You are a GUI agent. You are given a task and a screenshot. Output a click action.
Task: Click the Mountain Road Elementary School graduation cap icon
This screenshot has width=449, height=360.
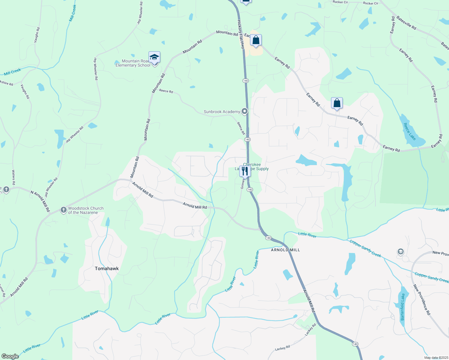pyautogui.click(x=154, y=57)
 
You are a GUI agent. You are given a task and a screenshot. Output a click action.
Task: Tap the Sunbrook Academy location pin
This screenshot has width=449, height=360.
pyautogui.click(x=245, y=112)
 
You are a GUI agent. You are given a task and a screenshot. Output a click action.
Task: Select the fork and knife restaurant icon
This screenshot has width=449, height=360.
pyautogui.click(x=245, y=171)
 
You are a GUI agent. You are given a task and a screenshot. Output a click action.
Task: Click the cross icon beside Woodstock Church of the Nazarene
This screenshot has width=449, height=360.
pyautogui.click(x=63, y=210)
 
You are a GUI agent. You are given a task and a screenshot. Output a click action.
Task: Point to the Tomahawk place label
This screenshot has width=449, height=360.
pyautogui.click(x=107, y=268)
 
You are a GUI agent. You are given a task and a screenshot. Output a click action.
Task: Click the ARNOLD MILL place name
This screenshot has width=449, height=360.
pyautogui.click(x=285, y=250)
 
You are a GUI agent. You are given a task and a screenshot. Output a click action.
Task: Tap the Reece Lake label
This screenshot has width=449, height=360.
pyautogui.click(x=410, y=131)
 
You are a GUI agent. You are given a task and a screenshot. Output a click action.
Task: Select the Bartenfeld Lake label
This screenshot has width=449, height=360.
pyautogui.click(x=403, y=307)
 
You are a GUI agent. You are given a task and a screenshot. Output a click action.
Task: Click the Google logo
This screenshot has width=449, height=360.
pyautogui.click(x=10, y=356)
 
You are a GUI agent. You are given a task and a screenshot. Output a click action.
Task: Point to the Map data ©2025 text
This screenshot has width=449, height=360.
pyautogui.click(x=435, y=358)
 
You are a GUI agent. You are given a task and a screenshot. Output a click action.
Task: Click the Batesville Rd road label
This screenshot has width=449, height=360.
pyautogui.click(x=406, y=22)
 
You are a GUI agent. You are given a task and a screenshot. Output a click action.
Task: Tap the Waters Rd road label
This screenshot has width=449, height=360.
pyautogui.click(x=14, y=177)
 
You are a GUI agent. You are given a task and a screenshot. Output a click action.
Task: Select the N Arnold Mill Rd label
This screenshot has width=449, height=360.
pyautogui.click(x=40, y=201)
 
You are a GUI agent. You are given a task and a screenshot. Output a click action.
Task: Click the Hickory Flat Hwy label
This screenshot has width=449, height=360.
pyautogui.click(x=241, y=34)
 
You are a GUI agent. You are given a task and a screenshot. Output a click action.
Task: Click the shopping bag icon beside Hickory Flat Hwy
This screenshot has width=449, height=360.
pyautogui.click(x=256, y=40)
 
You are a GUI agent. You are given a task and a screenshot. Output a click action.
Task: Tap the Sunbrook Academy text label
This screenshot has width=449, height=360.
pyautogui.click(x=222, y=112)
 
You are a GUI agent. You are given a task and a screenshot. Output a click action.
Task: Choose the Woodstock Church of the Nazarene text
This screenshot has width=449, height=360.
pyautogui.click(x=86, y=210)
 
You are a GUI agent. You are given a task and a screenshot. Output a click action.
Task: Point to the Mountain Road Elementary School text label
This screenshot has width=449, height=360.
pyautogui.click(x=133, y=63)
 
